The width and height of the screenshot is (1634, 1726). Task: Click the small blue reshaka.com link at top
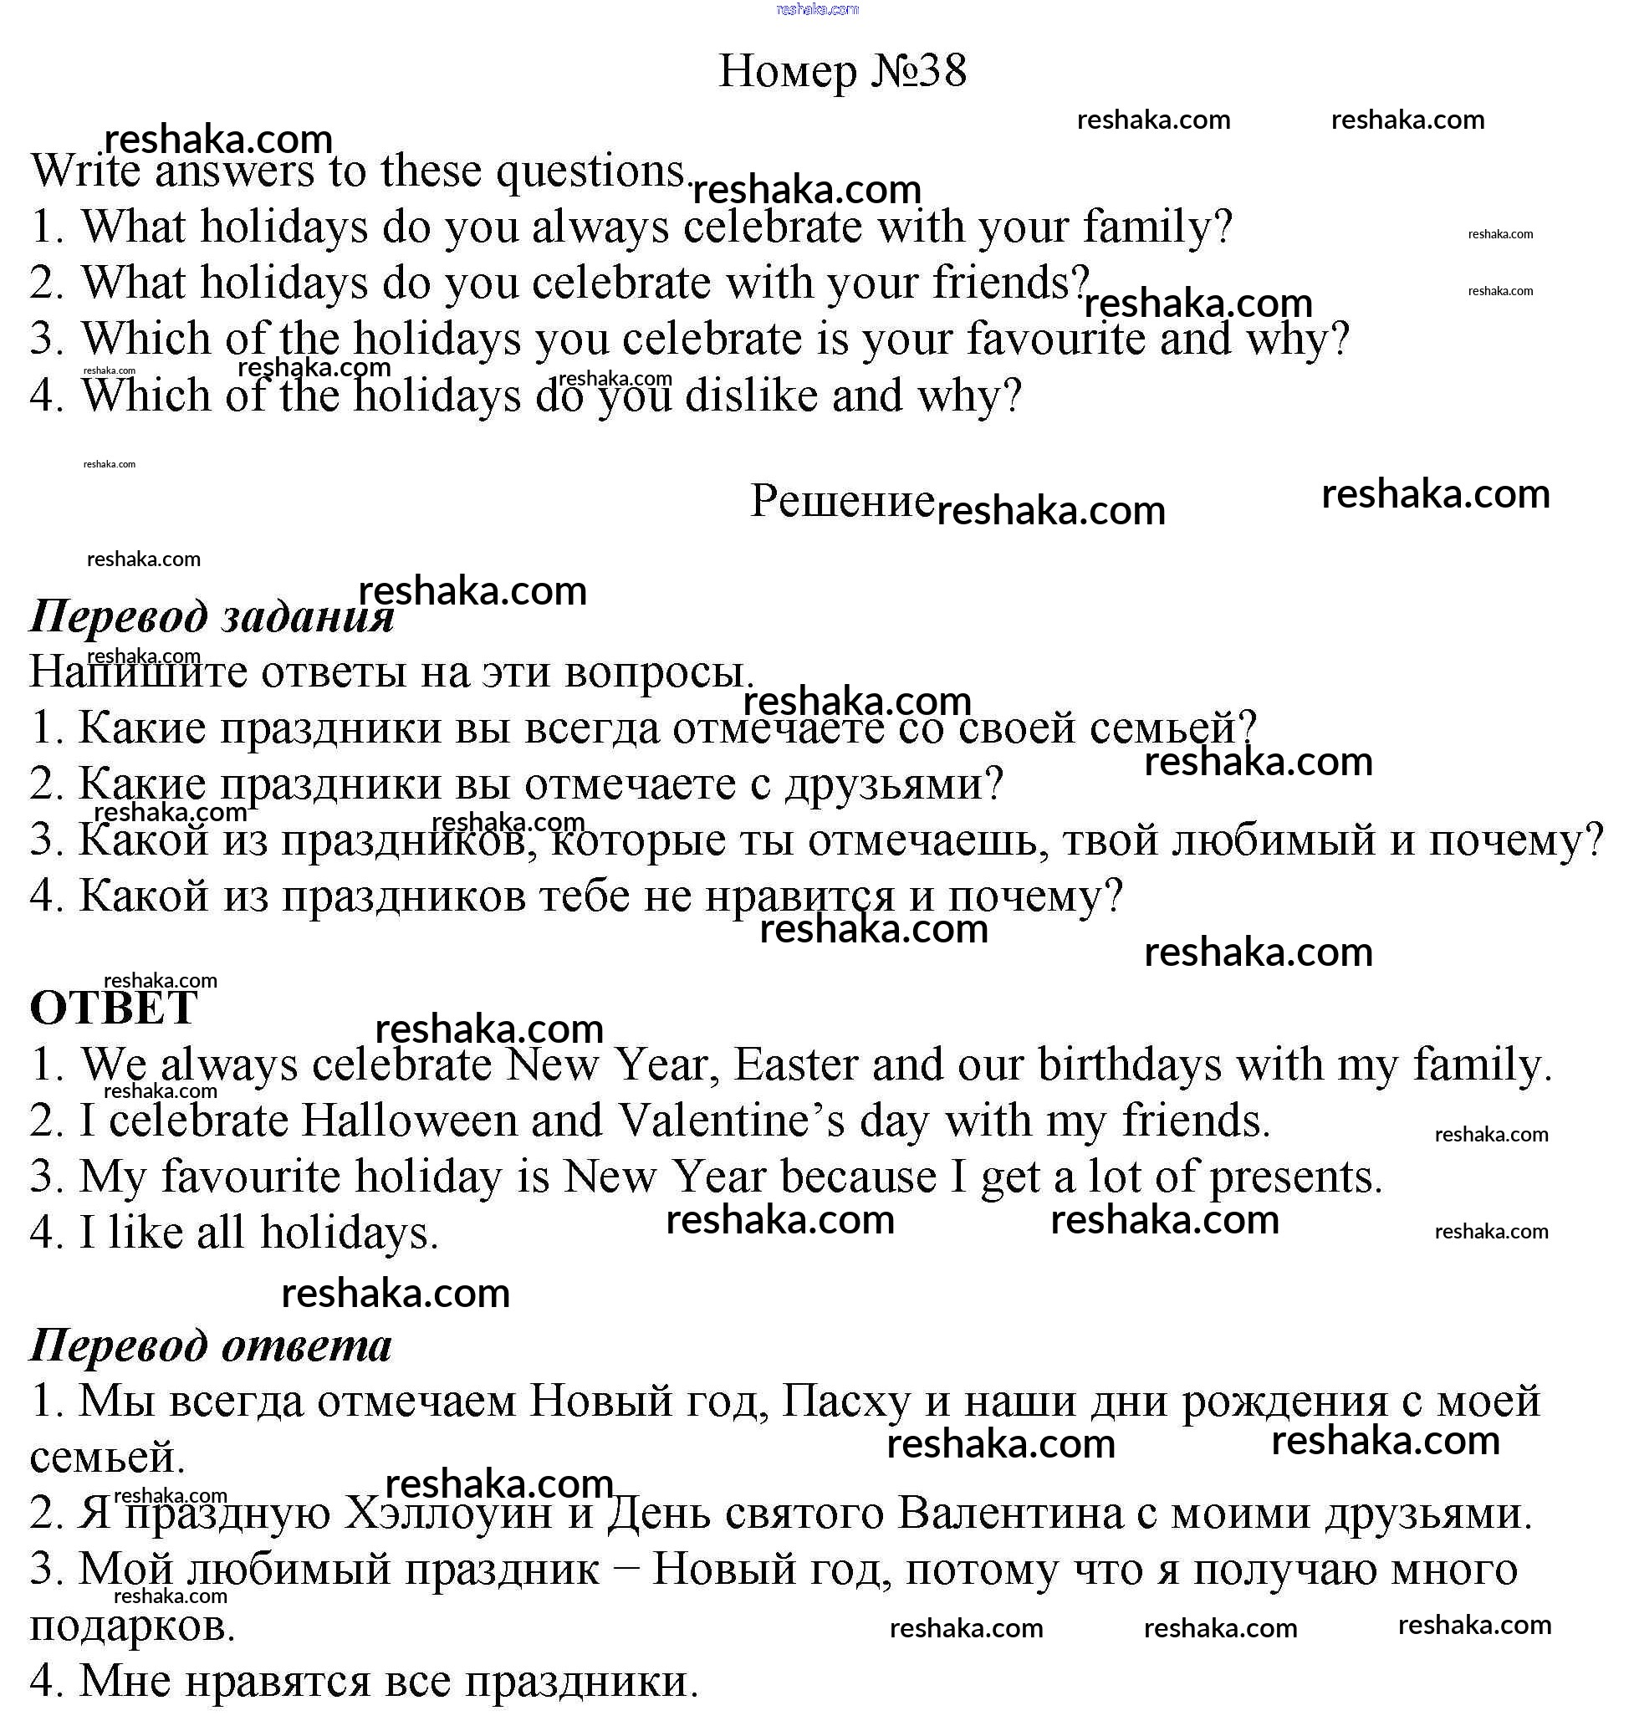point(816,9)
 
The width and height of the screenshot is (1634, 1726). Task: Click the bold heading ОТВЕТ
point(113,1009)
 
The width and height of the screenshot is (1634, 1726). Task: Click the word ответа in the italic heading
point(307,1346)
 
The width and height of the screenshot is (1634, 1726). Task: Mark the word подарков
point(132,1626)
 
